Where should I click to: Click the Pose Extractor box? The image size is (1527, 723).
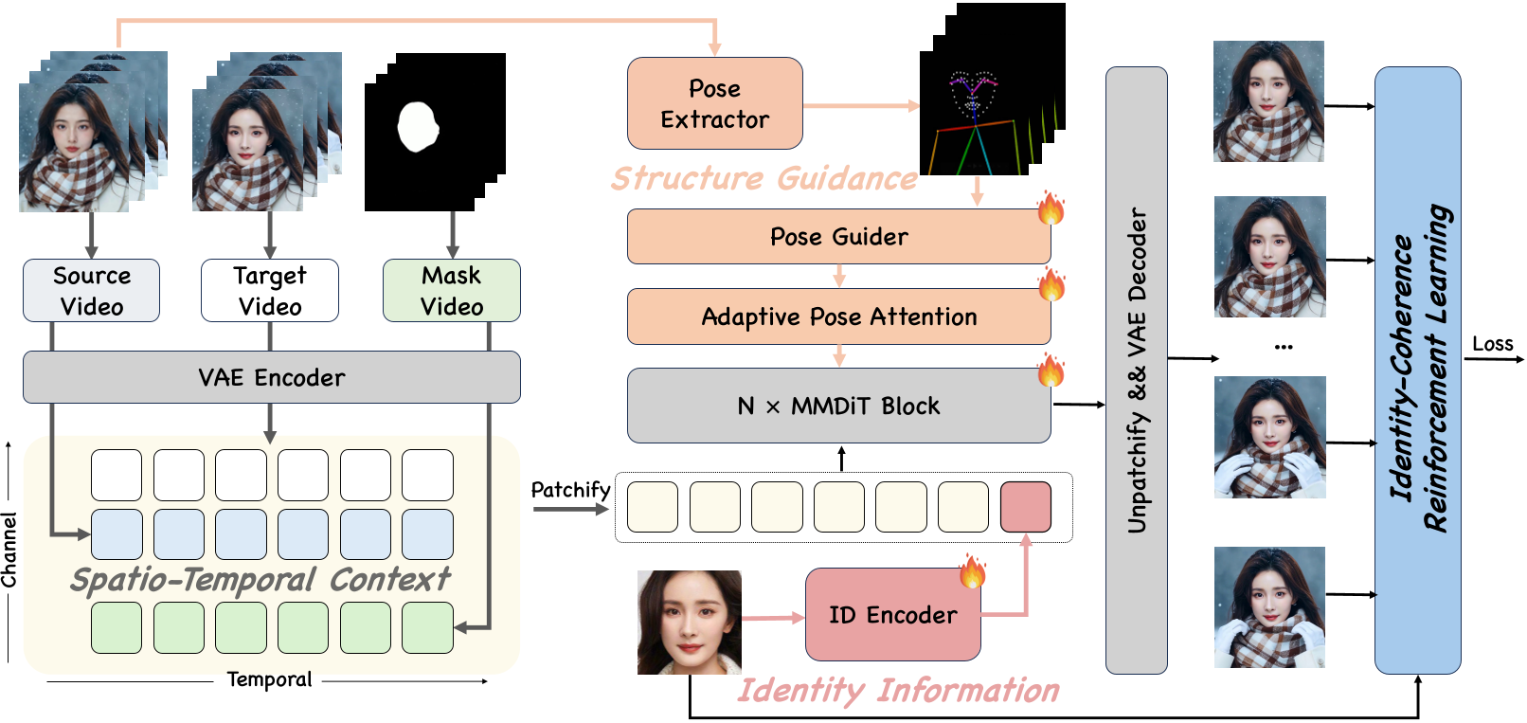[714, 103]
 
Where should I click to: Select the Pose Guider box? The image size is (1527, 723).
[838, 237]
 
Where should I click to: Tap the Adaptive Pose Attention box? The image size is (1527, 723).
[838, 316]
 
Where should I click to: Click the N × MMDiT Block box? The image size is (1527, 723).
[838, 406]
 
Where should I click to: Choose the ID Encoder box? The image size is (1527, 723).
[892, 615]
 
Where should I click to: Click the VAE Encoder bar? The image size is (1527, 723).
[271, 377]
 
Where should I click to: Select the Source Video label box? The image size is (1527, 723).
[91, 291]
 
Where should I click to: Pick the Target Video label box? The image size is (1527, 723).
[270, 291]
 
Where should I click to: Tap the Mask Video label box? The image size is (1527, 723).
[452, 291]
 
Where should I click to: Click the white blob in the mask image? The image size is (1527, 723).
[417, 127]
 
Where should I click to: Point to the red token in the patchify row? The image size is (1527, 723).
[1025, 507]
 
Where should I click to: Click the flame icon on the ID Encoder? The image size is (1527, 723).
[972, 571]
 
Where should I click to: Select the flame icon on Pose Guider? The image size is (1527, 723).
[1051, 208]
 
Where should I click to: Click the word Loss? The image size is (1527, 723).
[1493, 344]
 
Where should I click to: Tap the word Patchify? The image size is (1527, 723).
[570, 490]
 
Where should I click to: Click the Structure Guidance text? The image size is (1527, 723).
[763, 178]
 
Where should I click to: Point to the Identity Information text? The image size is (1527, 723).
[898, 690]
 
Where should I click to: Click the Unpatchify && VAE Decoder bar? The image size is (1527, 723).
[1136, 370]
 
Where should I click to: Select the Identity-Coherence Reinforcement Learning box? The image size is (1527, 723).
[1417, 370]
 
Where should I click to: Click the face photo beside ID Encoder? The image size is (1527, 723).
[689, 623]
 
